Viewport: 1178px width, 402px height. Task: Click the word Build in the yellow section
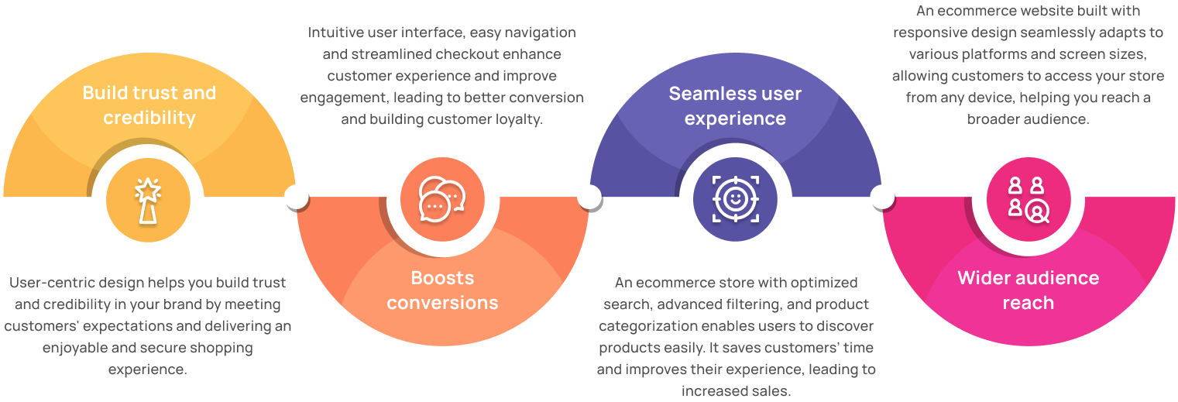pos(102,93)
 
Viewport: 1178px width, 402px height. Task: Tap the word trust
pos(153,93)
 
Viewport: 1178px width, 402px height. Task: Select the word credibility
pos(149,118)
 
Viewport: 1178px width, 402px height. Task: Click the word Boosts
pos(442,277)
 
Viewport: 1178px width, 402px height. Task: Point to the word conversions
pos(442,302)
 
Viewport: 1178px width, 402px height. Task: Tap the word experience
pos(735,119)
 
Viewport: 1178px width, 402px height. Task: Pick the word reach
pos(1028,303)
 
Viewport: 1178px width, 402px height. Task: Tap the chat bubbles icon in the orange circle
pos(442,199)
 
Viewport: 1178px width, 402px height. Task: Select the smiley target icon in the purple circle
pos(735,199)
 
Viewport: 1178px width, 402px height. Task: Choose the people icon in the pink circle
pos(1028,199)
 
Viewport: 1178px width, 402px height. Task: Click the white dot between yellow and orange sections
pos(296,197)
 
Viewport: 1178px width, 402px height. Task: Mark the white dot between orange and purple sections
pos(589,197)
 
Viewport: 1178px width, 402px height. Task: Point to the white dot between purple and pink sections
pos(881,197)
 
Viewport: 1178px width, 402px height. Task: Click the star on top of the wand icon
pos(147,187)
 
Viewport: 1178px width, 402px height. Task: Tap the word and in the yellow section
pos(199,93)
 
